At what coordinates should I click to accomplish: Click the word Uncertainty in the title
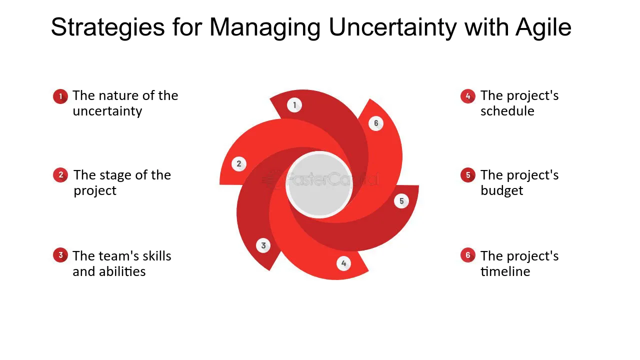click(392, 27)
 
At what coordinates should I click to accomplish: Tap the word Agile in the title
click(543, 27)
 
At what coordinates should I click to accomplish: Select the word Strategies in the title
click(107, 27)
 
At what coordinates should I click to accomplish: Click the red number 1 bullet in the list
click(60, 96)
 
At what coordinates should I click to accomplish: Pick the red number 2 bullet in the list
click(60, 175)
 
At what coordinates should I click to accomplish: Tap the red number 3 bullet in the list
click(60, 255)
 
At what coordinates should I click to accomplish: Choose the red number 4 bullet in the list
click(468, 96)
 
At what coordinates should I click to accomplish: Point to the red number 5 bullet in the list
click(468, 175)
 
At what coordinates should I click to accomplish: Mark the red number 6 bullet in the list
click(468, 255)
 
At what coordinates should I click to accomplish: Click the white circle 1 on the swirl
click(294, 105)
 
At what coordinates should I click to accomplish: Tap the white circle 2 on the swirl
click(239, 164)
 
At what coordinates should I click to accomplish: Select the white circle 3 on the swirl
click(263, 245)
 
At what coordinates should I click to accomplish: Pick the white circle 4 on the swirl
click(343, 263)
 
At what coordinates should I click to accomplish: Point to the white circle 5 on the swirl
click(401, 201)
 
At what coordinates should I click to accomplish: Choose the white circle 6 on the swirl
click(376, 123)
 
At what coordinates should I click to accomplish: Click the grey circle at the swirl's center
click(319, 185)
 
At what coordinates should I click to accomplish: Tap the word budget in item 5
click(501, 191)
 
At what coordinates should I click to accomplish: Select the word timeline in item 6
click(505, 271)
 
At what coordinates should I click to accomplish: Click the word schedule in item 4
click(507, 111)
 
